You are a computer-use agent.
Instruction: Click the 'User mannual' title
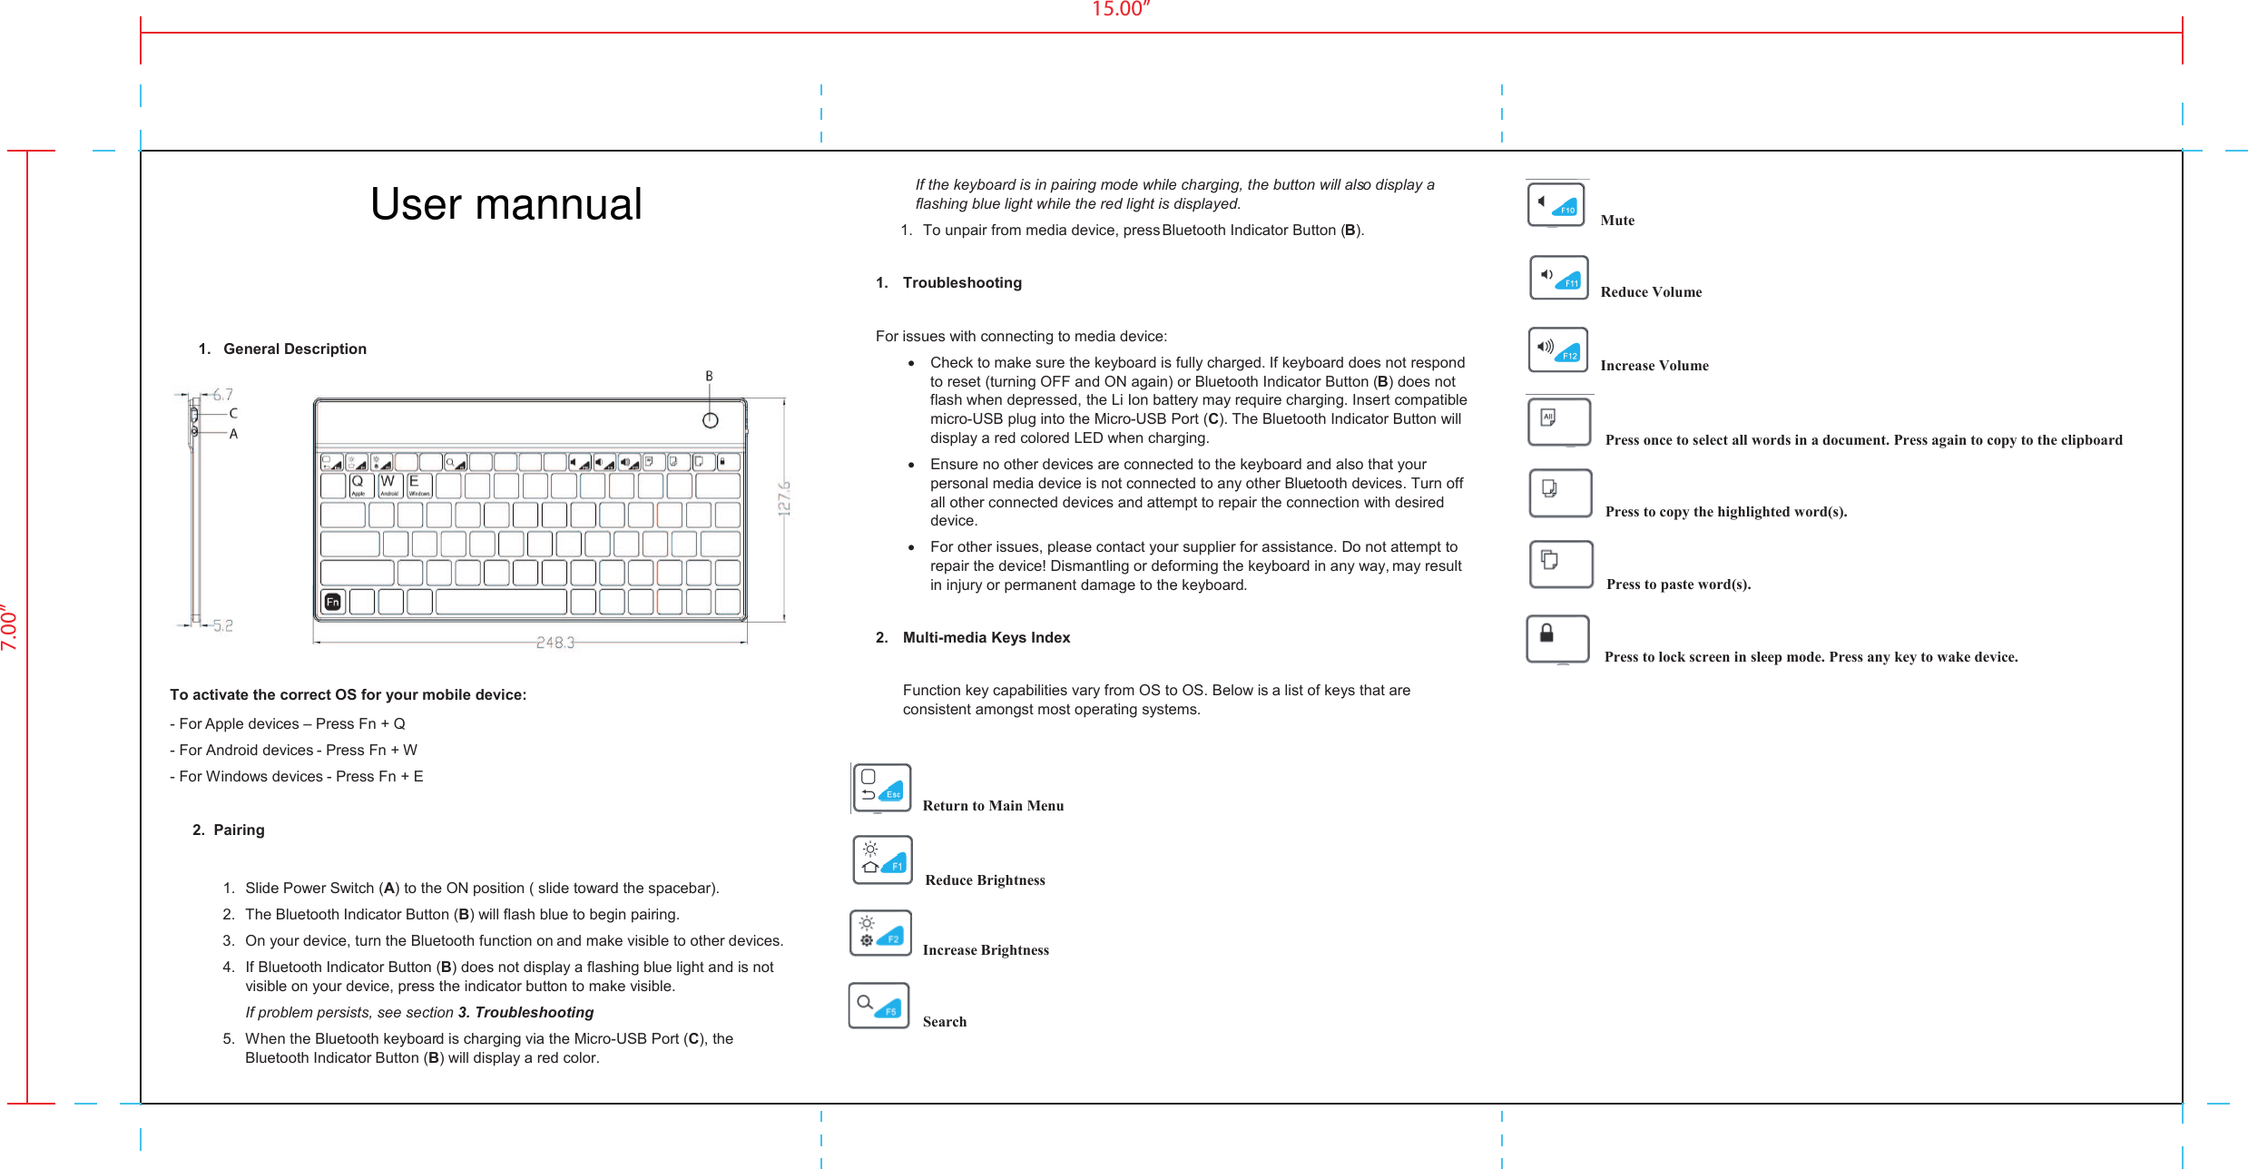[x=506, y=204]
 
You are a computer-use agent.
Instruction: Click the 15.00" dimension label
[x=1120, y=9]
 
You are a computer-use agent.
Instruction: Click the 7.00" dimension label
[x=10, y=627]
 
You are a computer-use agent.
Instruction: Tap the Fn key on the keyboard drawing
[x=333, y=602]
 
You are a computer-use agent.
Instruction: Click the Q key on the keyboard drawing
[x=358, y=484]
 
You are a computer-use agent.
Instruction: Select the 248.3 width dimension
[x=555, y=643]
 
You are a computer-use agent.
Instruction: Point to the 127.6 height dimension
[x=784, y=498]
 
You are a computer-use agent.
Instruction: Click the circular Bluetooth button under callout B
[x=711, y=420]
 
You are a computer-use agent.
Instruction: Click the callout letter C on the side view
[x=233, y=413]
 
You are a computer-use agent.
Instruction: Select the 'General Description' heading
[x=294, y=349]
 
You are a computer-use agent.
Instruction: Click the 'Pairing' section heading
[x=239, y=830]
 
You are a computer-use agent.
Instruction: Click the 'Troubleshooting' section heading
[x=961, y=282]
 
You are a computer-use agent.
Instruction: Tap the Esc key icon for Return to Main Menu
[x=881, y=787]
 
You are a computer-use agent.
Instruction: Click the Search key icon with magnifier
[x=879, y=1005]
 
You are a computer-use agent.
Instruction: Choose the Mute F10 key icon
[x=1556, y=204]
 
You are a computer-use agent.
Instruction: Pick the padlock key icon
[x=1557, y=638]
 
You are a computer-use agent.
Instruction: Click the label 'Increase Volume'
[x=1654, y=366]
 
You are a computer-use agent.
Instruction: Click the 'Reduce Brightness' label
[x=985, y=880]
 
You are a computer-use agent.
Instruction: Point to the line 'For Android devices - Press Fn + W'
[x=294, y=750]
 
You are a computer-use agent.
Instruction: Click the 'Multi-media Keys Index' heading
[x=986, y=637]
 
